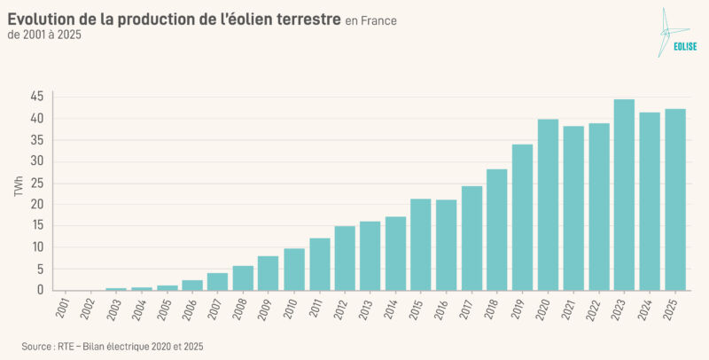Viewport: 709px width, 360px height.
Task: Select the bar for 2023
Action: point(624,195)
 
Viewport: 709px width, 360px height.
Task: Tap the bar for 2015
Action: point(420,245)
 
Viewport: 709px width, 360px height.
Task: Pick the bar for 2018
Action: point(496,230)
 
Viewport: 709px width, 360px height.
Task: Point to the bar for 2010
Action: point(293,270)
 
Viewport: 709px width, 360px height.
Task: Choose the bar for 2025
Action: point(675,200)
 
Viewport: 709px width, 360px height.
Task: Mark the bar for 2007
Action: point(217,281)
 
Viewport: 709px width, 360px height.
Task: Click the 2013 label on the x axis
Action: point(365,309)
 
